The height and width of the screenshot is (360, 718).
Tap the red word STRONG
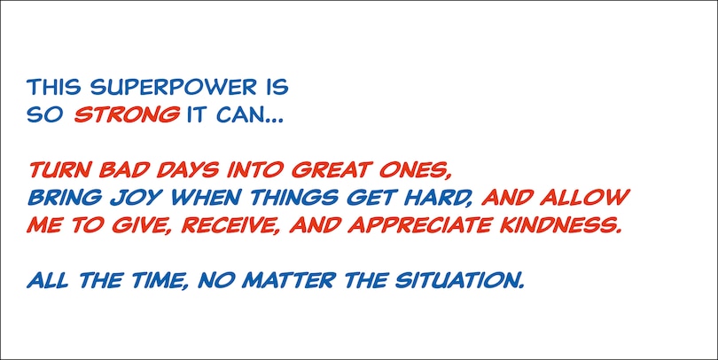pos(127,114)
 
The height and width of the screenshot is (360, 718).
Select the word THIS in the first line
pos(54,87)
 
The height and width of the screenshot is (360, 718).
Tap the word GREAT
pos(331,170)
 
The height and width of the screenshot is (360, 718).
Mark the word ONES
pos(413,170)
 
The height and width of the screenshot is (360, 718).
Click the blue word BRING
pos(65,198)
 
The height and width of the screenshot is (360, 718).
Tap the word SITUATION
pos(459,280)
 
